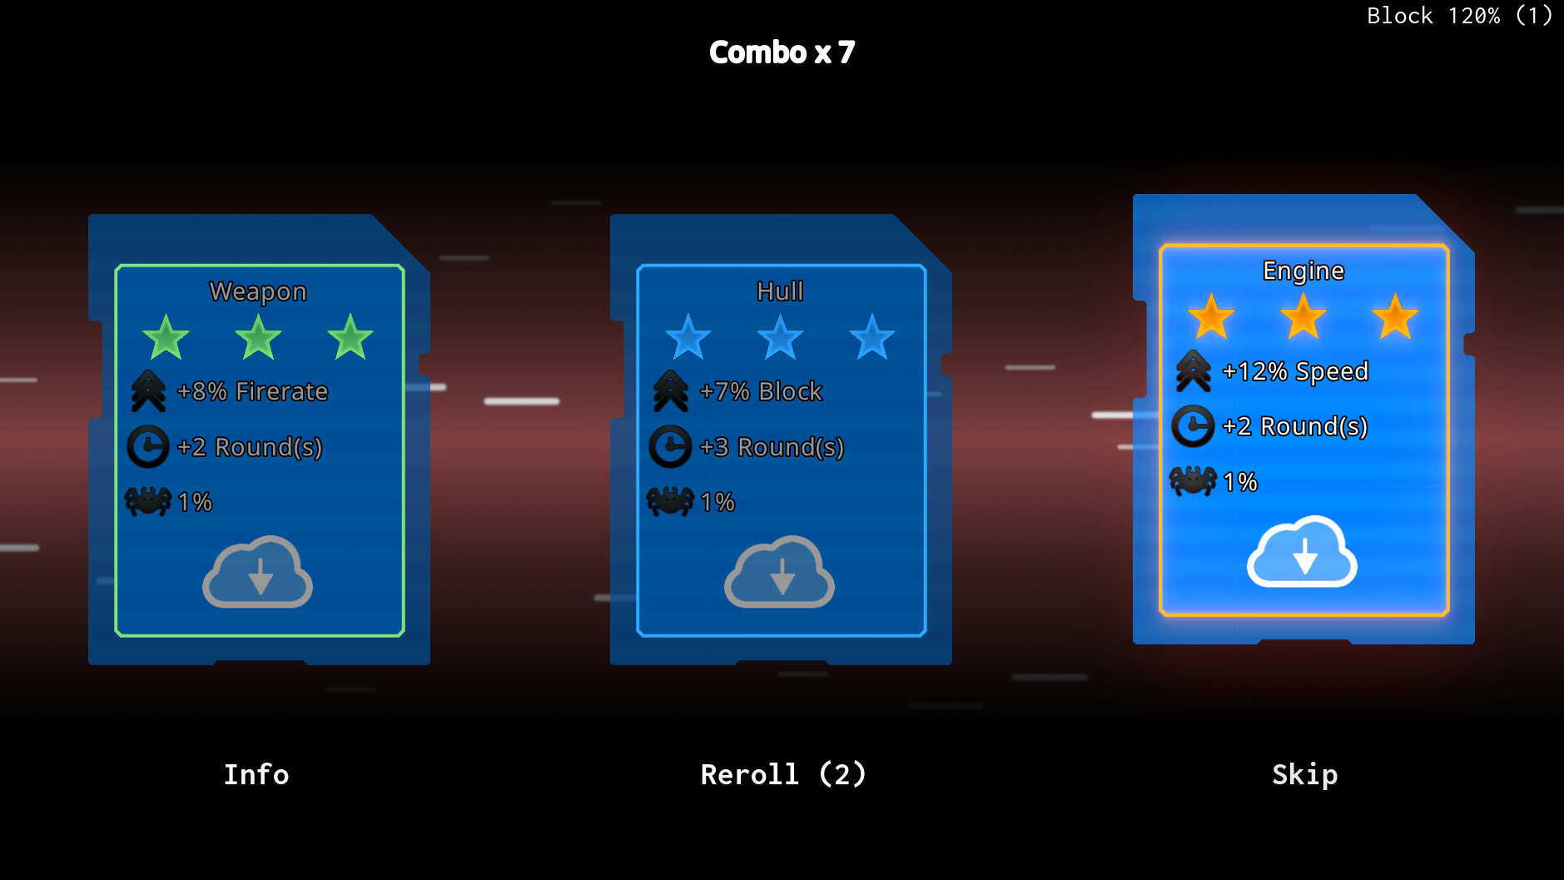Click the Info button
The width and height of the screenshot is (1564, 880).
(x=256, y=774)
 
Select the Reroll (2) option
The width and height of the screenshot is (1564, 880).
(x=782, y=774)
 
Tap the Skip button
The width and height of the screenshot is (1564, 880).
(x=1304, y=774)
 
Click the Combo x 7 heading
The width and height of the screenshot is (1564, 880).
(x=782, y=52)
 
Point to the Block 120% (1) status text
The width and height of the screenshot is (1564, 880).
(x=1458, y=16)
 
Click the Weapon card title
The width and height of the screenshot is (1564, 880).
(x=258, y=291)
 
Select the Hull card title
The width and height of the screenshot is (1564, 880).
(x=780, y=291)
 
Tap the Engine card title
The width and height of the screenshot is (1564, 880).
(x=1303, y=271)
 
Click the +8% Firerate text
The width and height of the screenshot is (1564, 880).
(x=252, y=391)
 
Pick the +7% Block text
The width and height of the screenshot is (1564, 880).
(x=761, y=391)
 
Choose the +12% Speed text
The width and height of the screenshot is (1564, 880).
(x=1294, y=371)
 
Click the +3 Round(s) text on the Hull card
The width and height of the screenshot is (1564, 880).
(x=772, y=447)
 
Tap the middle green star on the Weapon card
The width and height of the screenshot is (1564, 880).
(x=258, y=337)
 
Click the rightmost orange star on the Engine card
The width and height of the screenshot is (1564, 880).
(x=1395, y=317)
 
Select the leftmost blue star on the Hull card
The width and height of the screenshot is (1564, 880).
(x=688, y=337)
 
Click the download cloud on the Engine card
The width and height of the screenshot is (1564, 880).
(x=1303, y=552)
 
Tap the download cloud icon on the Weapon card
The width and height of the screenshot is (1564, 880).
(x=258, y=573)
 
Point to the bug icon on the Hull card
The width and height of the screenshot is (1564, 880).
(x=670, y=501)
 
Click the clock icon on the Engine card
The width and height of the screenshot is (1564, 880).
(x=1193, y=426)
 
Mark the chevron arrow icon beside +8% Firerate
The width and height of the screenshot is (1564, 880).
(x=148, y=391)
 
